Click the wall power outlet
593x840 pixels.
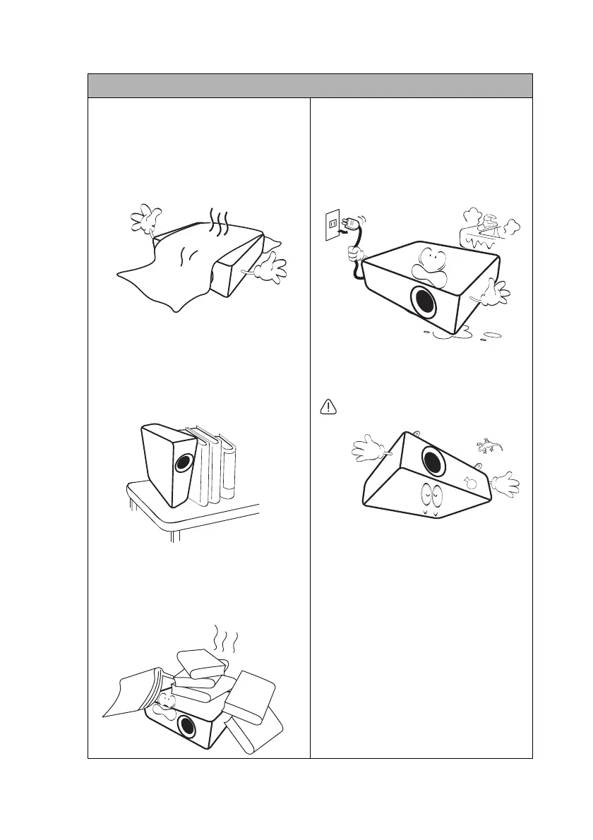pos(330,225)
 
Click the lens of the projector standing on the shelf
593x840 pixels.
pos(184,463)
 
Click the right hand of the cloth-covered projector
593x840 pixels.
pos(272,270)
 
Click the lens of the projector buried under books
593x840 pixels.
pos(187,726)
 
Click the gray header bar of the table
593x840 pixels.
pos(309,85)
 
